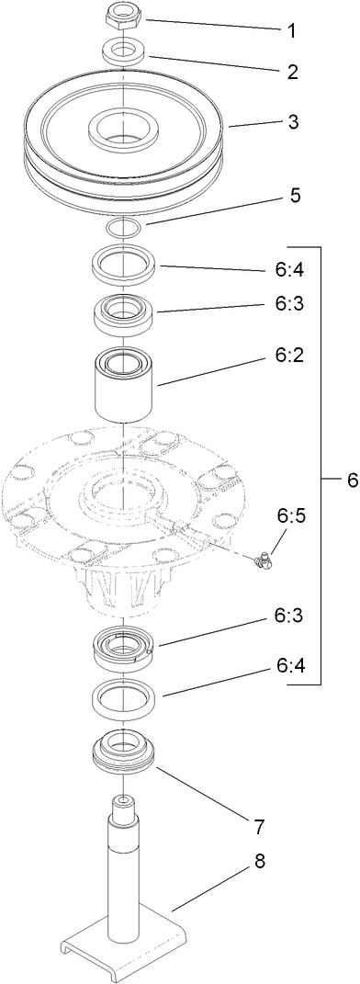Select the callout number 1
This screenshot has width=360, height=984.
(292, 30)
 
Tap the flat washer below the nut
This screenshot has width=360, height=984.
(122, 50)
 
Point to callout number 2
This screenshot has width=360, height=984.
(292, 72)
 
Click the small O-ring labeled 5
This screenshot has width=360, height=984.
(122, 225)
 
